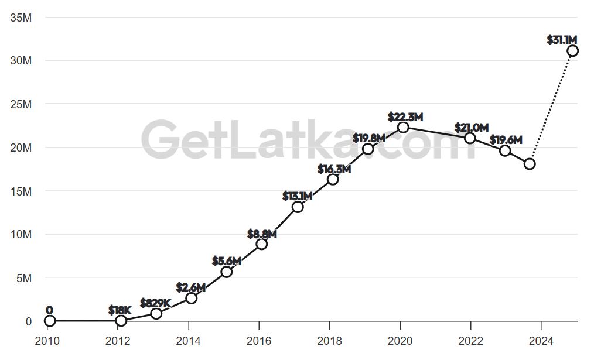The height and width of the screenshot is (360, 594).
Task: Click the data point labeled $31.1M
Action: click(572, 51)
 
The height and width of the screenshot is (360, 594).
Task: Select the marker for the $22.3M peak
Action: click(403, 128)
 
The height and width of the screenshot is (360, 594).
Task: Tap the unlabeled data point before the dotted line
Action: click(530, 164)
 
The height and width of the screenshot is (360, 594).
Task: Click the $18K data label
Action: click(120, 310)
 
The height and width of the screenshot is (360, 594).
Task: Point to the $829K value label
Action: click(155, 303)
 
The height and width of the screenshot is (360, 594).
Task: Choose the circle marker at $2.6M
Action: click(191, 298)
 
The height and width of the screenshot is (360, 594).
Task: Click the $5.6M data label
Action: click(227, 261)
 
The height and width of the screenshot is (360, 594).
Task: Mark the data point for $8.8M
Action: click(262, 244)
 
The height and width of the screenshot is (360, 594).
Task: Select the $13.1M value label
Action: click(297, 197)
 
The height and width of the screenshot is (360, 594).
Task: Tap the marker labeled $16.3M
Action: click(333, 179)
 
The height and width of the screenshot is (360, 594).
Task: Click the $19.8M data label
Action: click(369, 138)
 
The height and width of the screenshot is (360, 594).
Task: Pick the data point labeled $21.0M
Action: click(470, 138)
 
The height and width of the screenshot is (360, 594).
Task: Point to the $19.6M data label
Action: click(506, 140)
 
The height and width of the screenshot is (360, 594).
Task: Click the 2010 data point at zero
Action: click(50, 321)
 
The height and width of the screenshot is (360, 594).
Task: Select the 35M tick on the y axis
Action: click(21, 18)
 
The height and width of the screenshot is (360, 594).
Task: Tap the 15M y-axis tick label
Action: click(21, 191)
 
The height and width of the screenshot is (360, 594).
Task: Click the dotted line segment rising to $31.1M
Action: click(551, 107)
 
